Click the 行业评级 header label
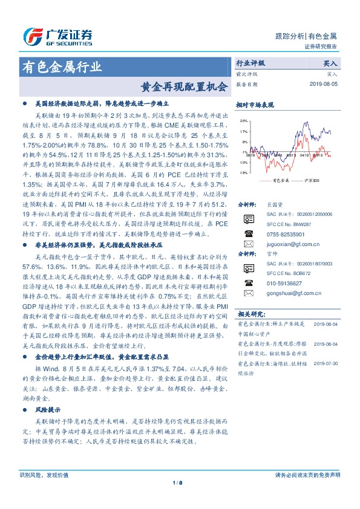click(x=250, y=62)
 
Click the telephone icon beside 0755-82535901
click(x=247, y=233)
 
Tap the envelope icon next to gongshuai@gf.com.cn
click(x=247, y=293)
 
